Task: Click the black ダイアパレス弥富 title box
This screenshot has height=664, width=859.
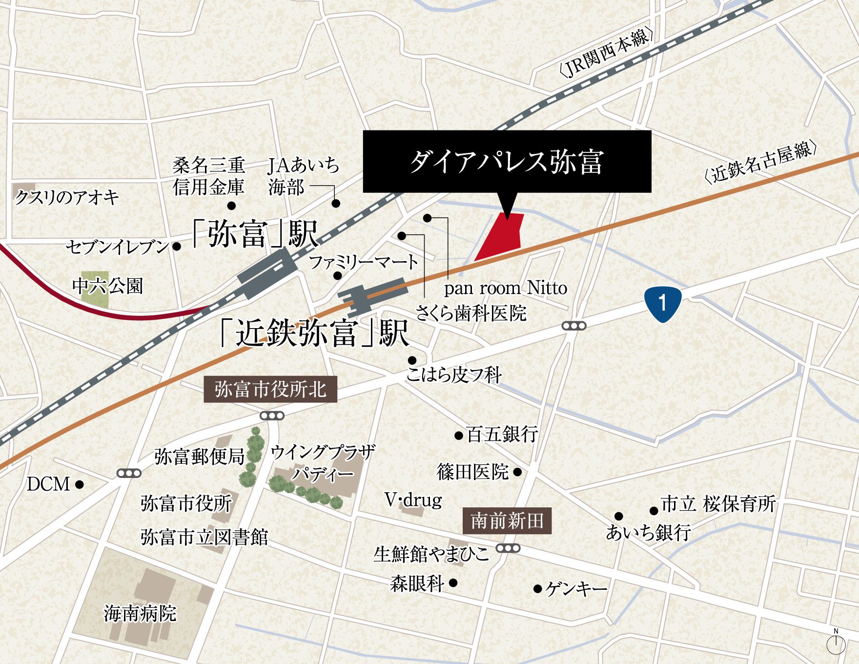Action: [x=507, y=161]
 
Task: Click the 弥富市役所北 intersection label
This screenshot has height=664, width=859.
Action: [x=270, y=390]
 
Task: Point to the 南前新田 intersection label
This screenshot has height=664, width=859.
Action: [x=507, y=521]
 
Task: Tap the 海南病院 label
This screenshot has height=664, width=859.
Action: [x=140, y=613]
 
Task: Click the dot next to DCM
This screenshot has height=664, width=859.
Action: [x=80, y=484]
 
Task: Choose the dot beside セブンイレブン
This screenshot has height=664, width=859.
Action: [x=177, y=247]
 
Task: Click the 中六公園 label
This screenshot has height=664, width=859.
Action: [x=107, y=286]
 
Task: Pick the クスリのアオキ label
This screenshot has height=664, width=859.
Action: [x=67, y=198]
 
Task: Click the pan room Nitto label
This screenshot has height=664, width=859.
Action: [x=505, y=288]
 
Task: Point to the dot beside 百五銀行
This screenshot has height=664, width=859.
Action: [x=458, y=435]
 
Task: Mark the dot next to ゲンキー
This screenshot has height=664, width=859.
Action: [x=537, y=589]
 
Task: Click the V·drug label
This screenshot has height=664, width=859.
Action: [x=413, y=499]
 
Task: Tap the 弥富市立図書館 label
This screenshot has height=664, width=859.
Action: [x=205, y=538]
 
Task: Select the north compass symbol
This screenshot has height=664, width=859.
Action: [x=836, y=644]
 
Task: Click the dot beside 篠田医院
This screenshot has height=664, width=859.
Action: [x=518, y=472]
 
